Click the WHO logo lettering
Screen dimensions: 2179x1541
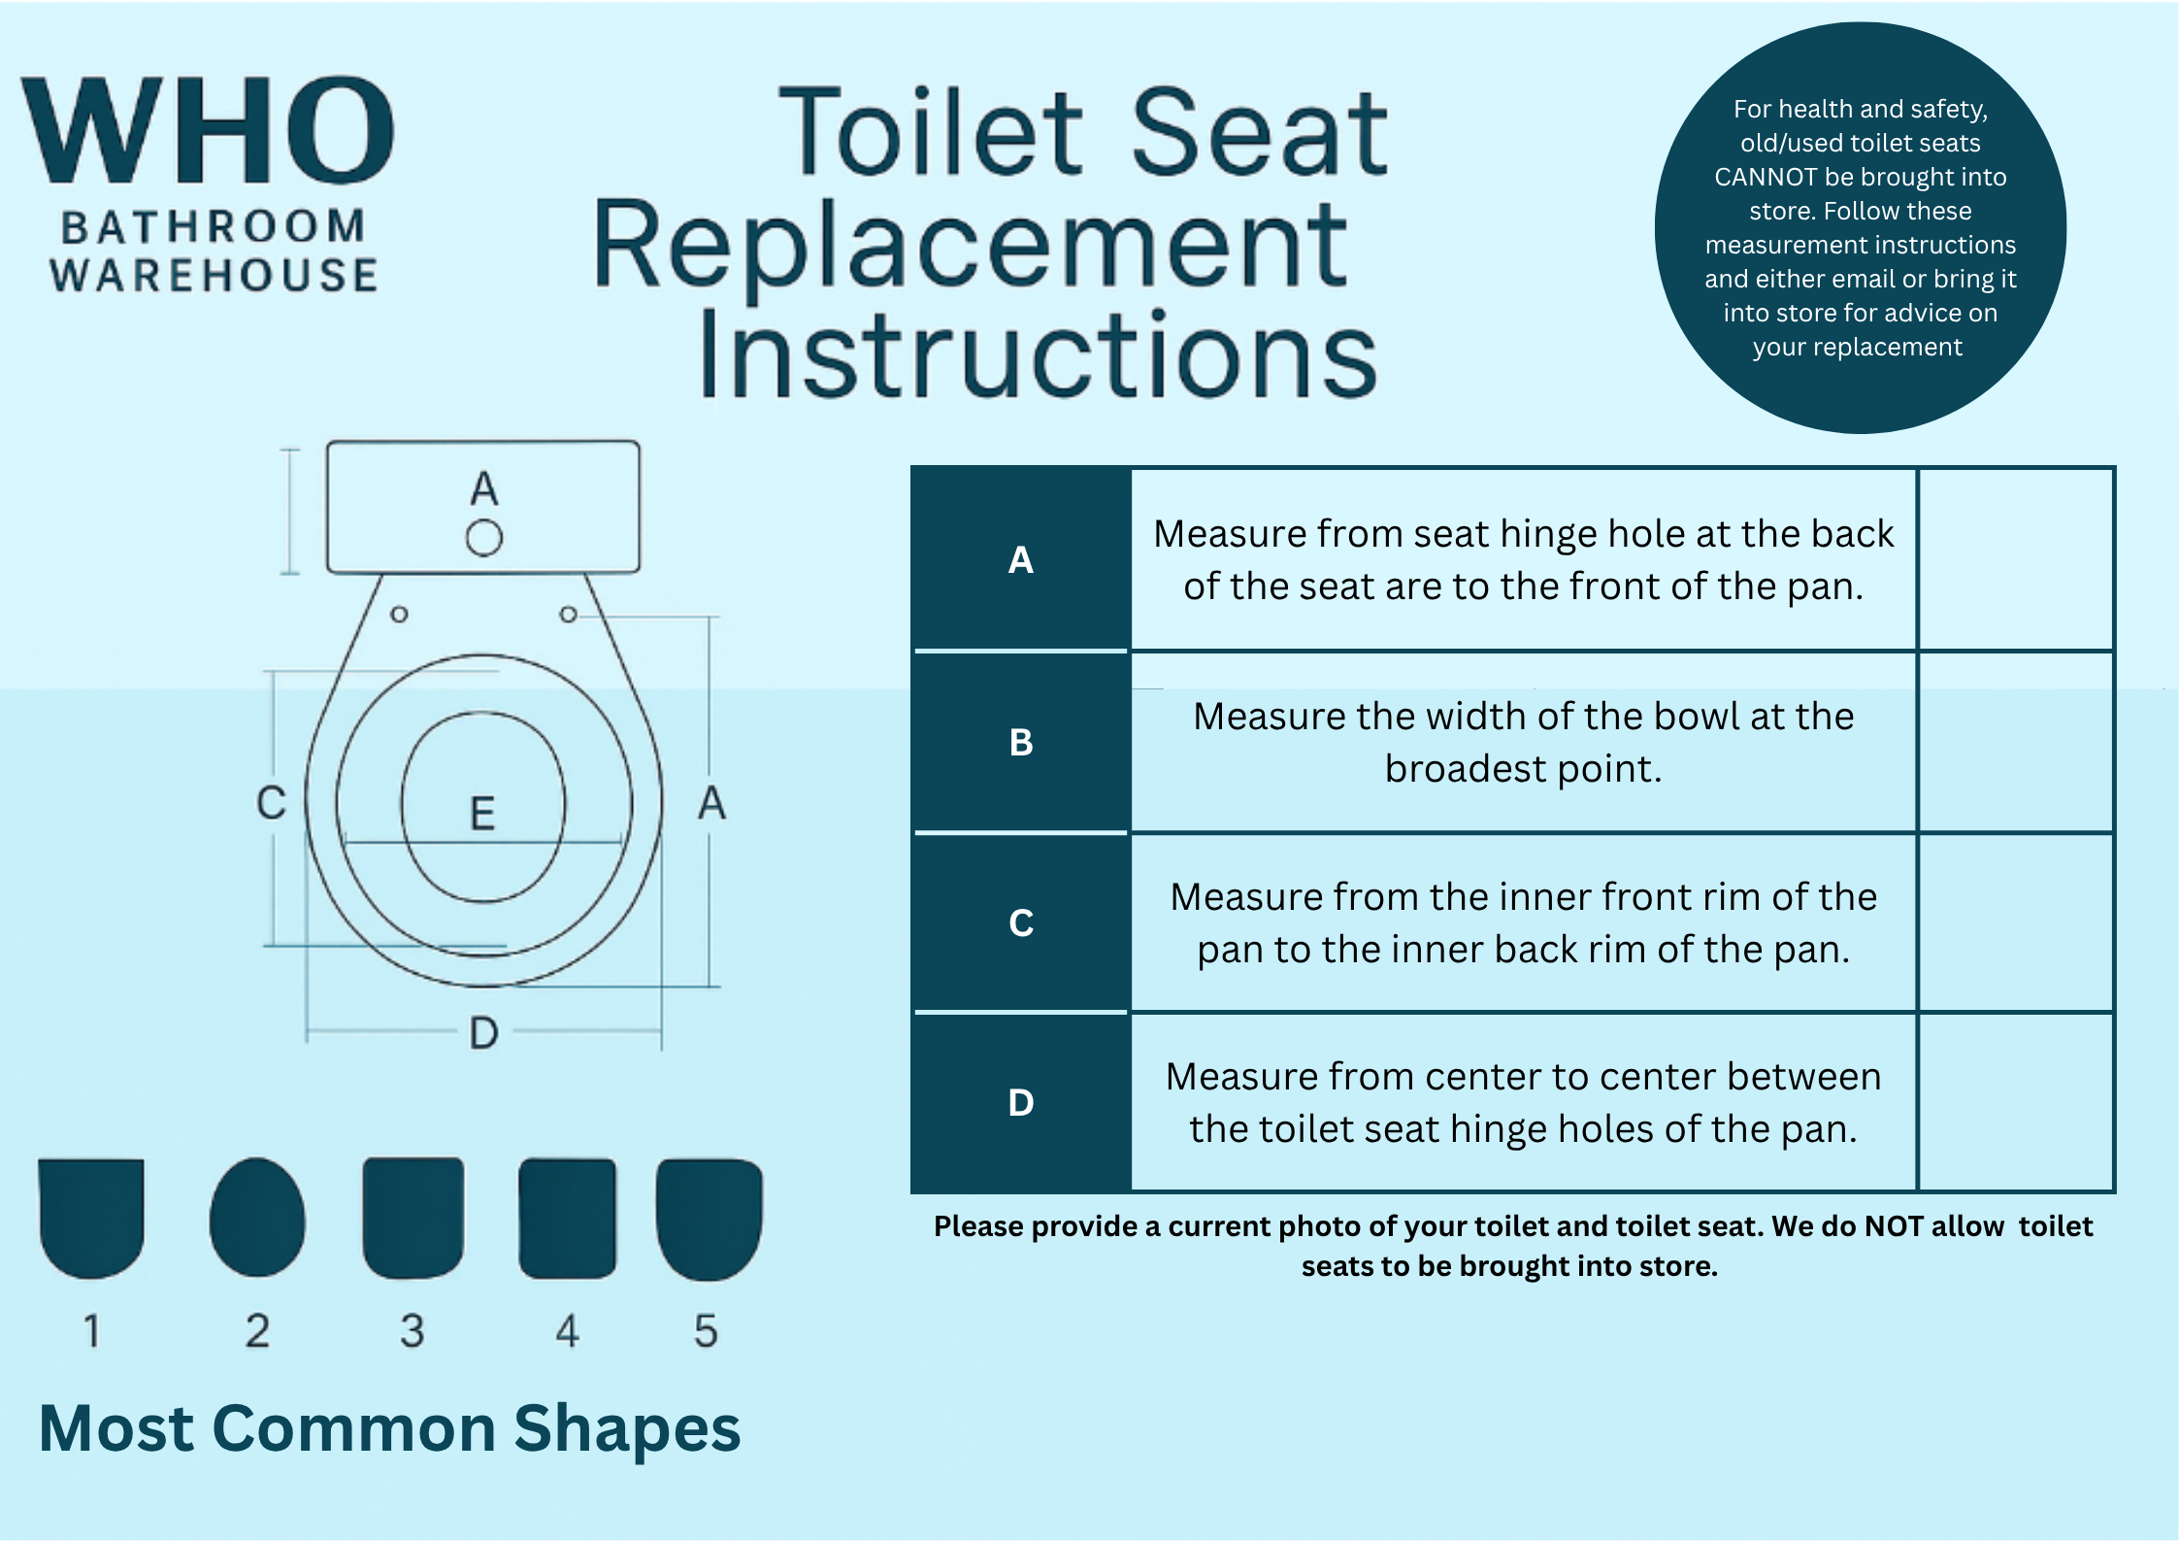tap(208, 130)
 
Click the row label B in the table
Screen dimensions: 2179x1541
tap(1021, 742)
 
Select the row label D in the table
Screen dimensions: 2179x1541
tap(1021, 1102)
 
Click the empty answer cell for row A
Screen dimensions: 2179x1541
tap(2016, 559)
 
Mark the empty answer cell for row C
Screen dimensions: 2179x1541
tap(2016, 922)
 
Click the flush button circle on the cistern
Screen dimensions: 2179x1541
tap(484, 538)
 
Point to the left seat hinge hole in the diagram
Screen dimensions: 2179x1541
tap(399, 615)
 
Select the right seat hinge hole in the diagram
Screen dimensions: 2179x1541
tap(569, 615)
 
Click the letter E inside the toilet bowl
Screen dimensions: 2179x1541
tap(482, 814)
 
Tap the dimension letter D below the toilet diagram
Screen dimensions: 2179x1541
tap(483, 1033)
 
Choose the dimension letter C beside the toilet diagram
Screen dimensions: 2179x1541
tap(272, 803)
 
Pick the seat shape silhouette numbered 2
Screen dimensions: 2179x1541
tap(257, 1218)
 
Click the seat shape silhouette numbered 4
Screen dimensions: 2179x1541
tap(568, 1219)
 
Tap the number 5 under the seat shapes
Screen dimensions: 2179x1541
tap(706, 1330)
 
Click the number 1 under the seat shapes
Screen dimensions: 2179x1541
tap(92, 1330)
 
